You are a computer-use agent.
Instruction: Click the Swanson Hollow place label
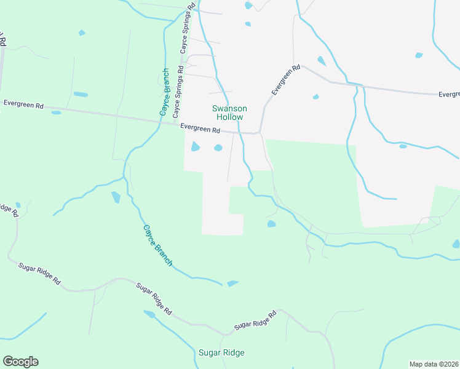point(229,113)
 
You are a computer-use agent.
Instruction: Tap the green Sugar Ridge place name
point(221,352)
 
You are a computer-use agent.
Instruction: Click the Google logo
point(20,362)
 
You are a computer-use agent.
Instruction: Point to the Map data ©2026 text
point(434,364)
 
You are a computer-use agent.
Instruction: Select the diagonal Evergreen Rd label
point(285,80)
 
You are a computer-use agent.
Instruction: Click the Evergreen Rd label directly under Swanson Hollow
point(200,129)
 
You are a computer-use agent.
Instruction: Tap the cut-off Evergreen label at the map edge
point(450,95)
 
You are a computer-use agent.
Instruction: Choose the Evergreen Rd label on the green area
point(23,105)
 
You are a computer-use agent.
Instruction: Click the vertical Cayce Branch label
point(165,92)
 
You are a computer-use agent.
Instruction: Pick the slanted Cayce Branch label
point(158,245)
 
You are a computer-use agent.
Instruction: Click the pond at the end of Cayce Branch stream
point(232,284)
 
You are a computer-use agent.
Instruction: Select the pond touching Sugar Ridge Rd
point(149,314)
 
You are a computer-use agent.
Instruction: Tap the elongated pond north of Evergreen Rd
point(81,94)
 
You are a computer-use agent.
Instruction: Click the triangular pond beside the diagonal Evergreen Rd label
point(321,60)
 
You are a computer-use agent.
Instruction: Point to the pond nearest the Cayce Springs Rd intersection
point(196,146)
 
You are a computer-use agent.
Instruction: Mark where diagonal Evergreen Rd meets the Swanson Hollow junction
point(260,132)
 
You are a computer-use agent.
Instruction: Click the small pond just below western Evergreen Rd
point(56,113)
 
